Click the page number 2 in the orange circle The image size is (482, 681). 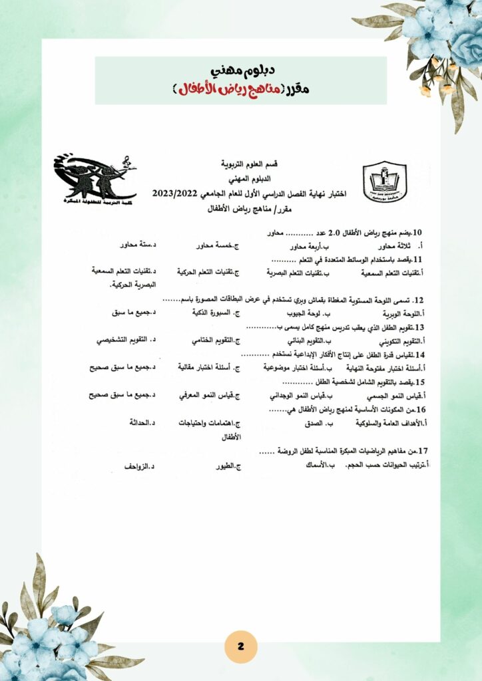click(241, 646)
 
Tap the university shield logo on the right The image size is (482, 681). click(384, 182)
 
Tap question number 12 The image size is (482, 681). click(419, 300)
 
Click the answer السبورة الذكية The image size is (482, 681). click(218, 313)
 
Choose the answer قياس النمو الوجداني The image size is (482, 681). click(310, 396)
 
